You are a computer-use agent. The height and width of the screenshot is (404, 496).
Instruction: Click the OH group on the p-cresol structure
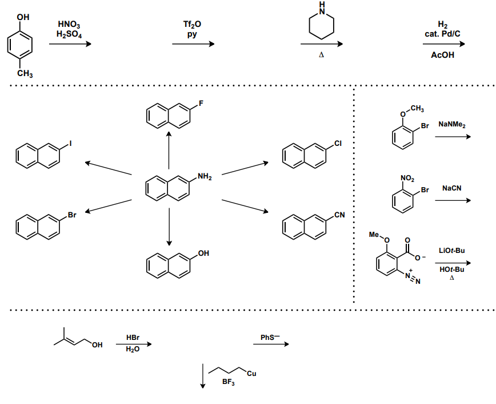(x=23, y=18)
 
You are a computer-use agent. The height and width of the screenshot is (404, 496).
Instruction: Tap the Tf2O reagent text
(x=192, y=25)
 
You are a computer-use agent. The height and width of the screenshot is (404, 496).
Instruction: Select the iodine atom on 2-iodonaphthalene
(x=71, y=143)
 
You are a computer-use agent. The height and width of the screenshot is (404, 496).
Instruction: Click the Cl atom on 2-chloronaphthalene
(x=338, y=143)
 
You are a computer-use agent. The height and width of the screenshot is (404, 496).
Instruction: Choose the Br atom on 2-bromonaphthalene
(x=72, y=215)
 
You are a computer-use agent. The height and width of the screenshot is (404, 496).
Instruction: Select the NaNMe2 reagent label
(x=452, y=124)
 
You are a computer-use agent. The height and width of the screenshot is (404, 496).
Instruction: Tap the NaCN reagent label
(x=451, y=188)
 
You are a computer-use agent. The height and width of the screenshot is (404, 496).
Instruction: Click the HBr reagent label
(x=133, y=338)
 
